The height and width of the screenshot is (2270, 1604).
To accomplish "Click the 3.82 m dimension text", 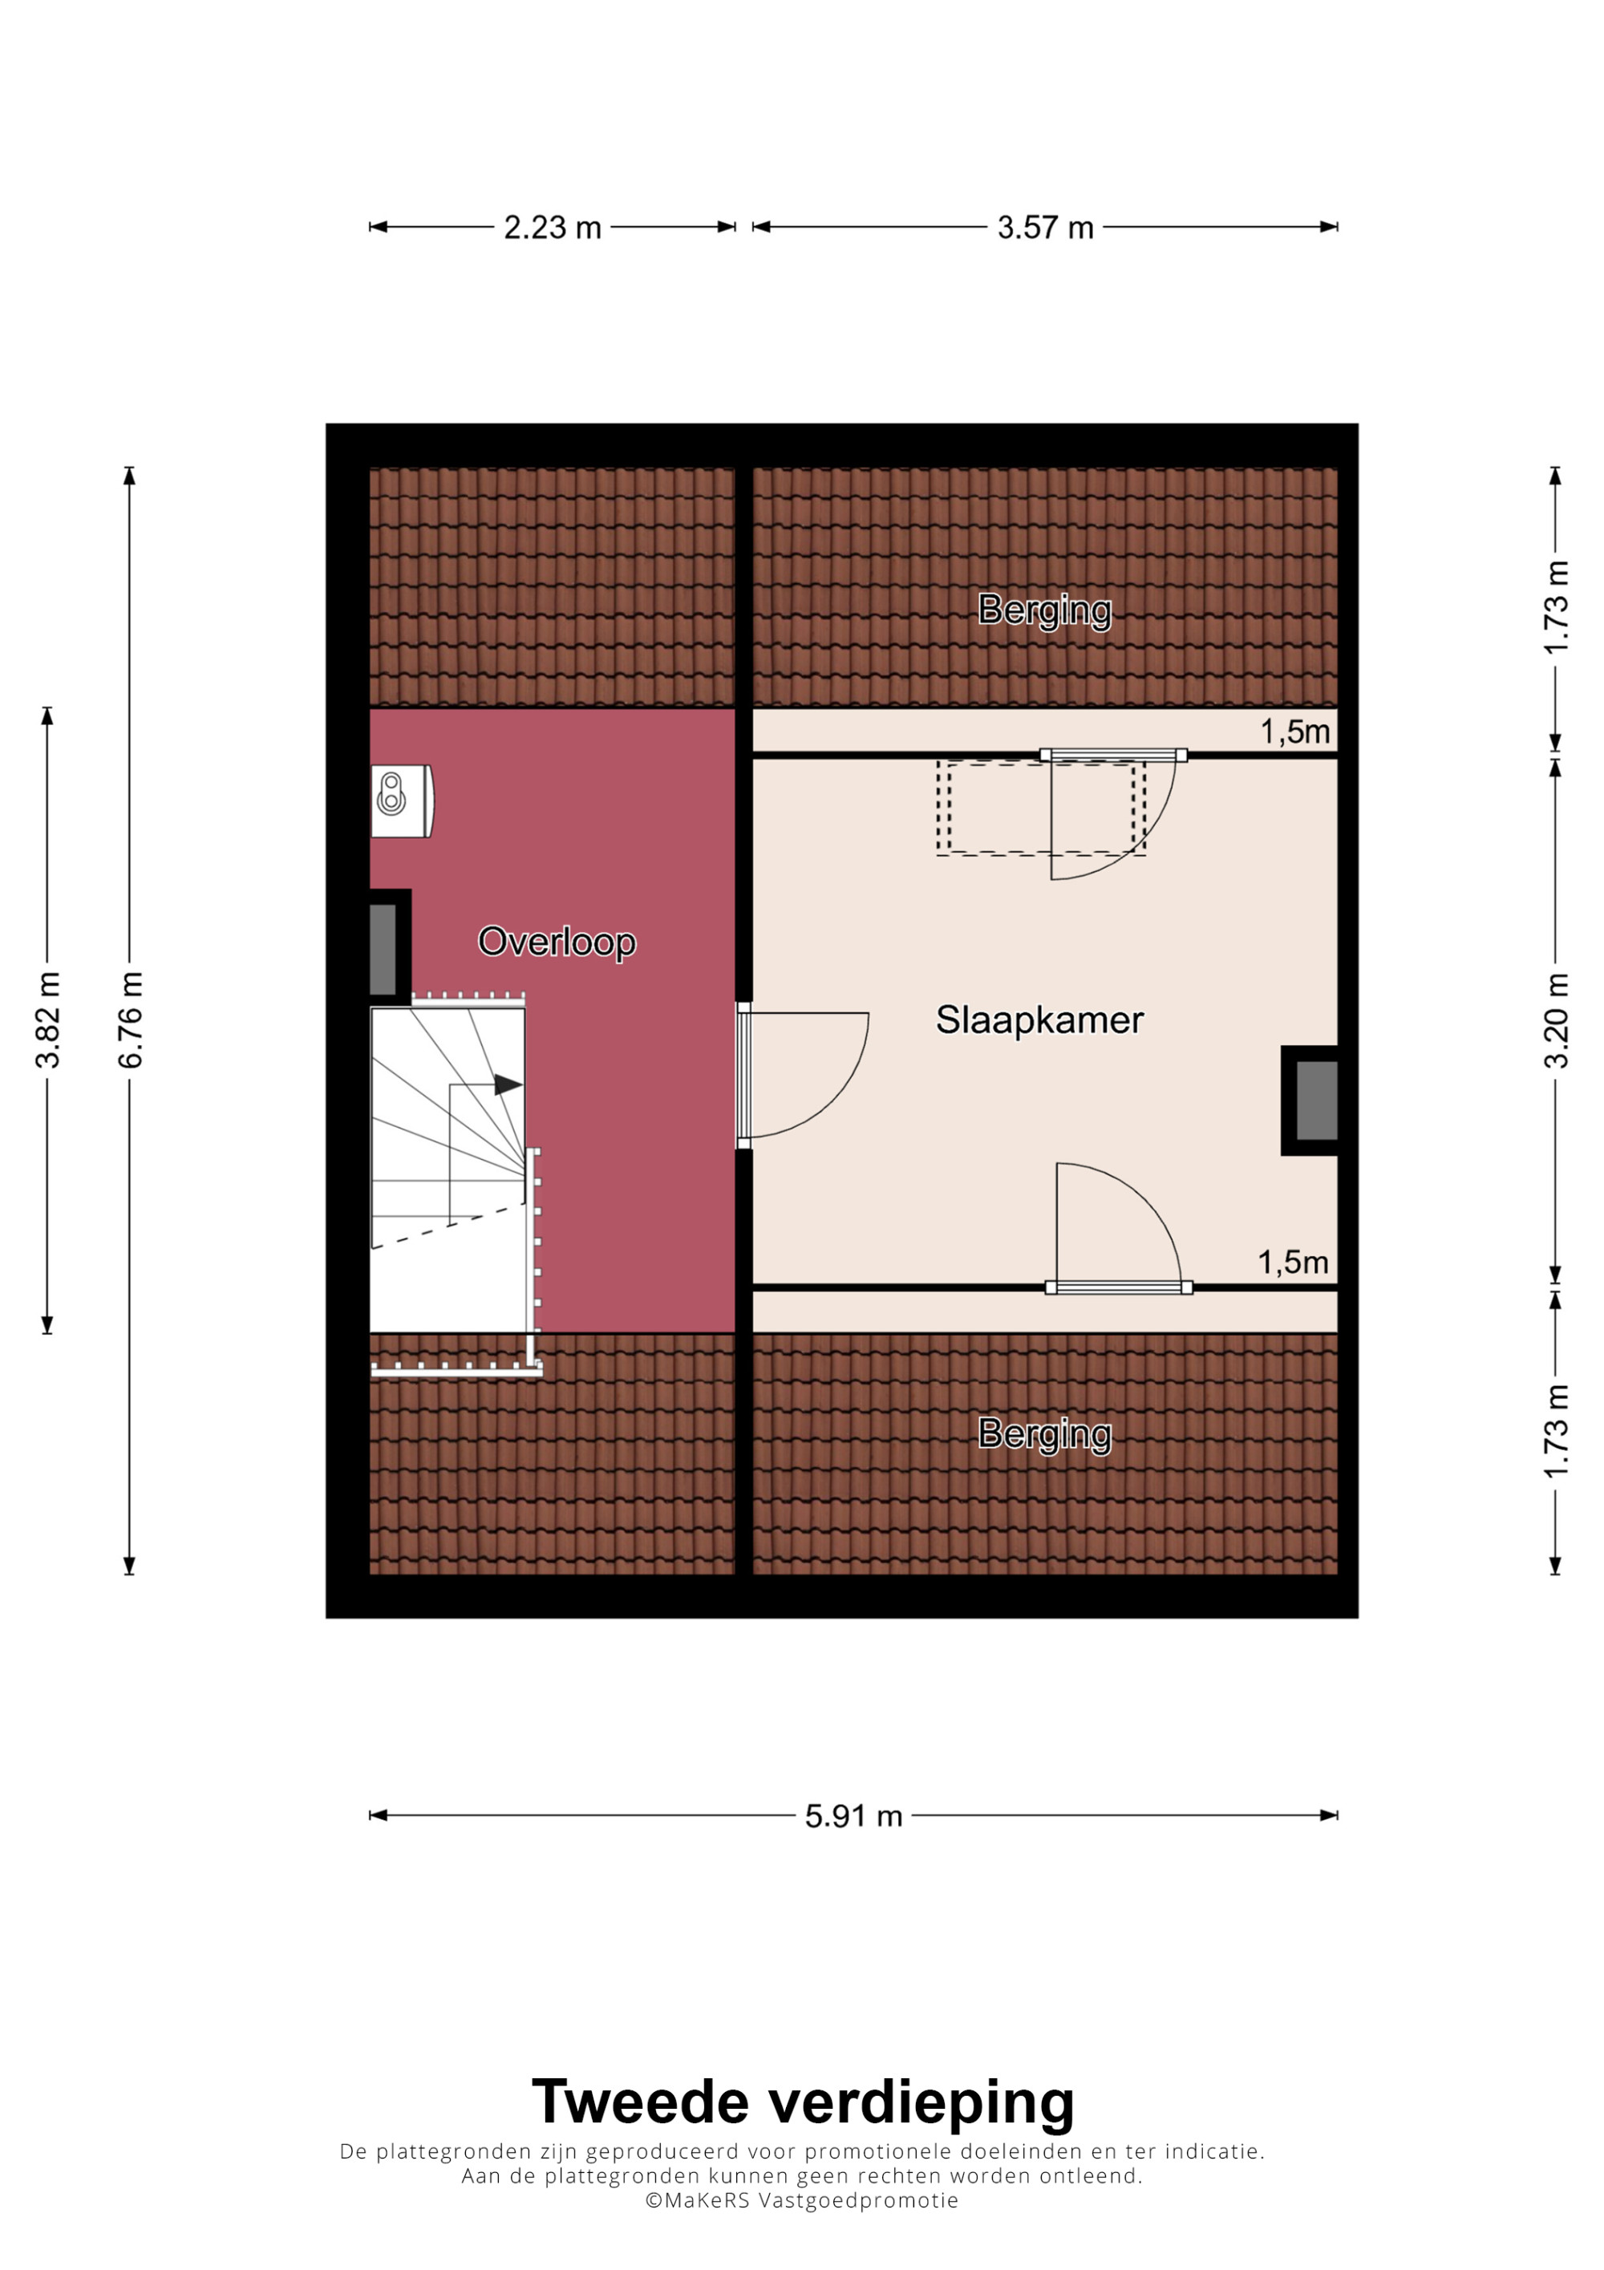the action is click(47, 1020).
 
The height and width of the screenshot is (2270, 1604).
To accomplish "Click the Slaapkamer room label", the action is click(1039, 1019).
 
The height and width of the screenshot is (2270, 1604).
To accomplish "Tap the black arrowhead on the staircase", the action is click(508, 1084).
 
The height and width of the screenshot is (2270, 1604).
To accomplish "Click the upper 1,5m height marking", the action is click(1294, 732).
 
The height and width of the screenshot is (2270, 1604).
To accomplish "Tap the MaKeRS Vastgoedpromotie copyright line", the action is click(803, 2201).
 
